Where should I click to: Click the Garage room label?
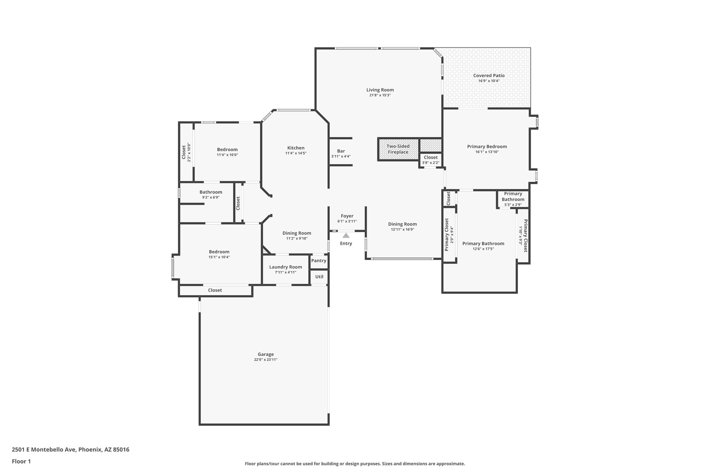(266, 354)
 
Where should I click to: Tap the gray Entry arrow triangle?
(346, 236)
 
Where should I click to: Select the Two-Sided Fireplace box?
(398, 149)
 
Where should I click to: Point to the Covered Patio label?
(489, 76)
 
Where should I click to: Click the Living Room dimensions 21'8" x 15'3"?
(380, 95)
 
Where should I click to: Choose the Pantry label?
(319, 261)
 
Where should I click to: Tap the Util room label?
(319, 277)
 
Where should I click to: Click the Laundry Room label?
(285, 267)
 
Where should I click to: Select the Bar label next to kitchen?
(341, 151)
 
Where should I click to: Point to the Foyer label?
(347, 216)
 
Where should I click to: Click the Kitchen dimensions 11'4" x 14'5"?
(296, 153)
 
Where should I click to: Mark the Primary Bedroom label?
(487, 147)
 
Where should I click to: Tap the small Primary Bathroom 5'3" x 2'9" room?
(513, 199)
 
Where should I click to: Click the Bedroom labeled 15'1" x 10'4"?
(219, 252)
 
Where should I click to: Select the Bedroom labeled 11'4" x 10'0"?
(227, 149)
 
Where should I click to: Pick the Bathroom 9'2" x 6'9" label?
(210, 192)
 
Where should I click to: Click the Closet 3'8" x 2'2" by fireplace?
(431, 159)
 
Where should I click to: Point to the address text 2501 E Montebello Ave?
(70, 450)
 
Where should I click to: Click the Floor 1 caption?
(21, 461)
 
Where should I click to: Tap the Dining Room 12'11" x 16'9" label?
(402, 224)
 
